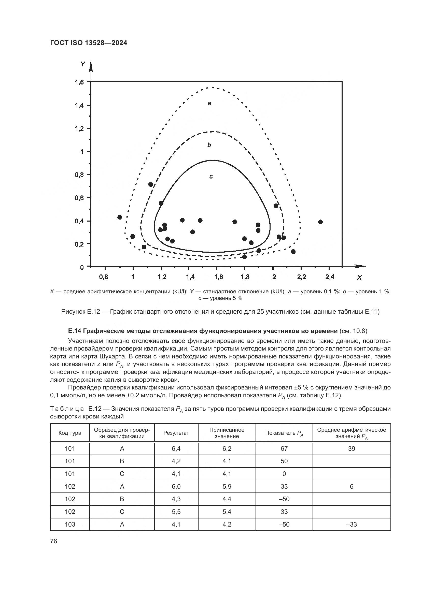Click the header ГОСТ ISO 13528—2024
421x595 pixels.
pos(88,43)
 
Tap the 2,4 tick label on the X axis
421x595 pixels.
pos(329,277)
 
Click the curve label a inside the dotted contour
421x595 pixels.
pos(209,103)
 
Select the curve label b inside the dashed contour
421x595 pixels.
pos(209,145)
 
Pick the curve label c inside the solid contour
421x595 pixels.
pos(211,177)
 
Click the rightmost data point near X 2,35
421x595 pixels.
pos(320,222)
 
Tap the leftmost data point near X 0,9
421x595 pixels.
pos(120,217)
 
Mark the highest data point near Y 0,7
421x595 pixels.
pos(151,184)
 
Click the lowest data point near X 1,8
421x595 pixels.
pos(244,257)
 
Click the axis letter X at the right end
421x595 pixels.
pos(359,278)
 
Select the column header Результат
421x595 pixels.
pos(176,433)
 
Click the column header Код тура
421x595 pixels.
pos(70,433)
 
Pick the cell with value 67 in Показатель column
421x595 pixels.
pos(284,448)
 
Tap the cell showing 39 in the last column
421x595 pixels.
pos(352,448)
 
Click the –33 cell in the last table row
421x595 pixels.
pos(352,524)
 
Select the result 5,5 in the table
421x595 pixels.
pos(176,512)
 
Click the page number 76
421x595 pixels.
pos(54,541)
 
